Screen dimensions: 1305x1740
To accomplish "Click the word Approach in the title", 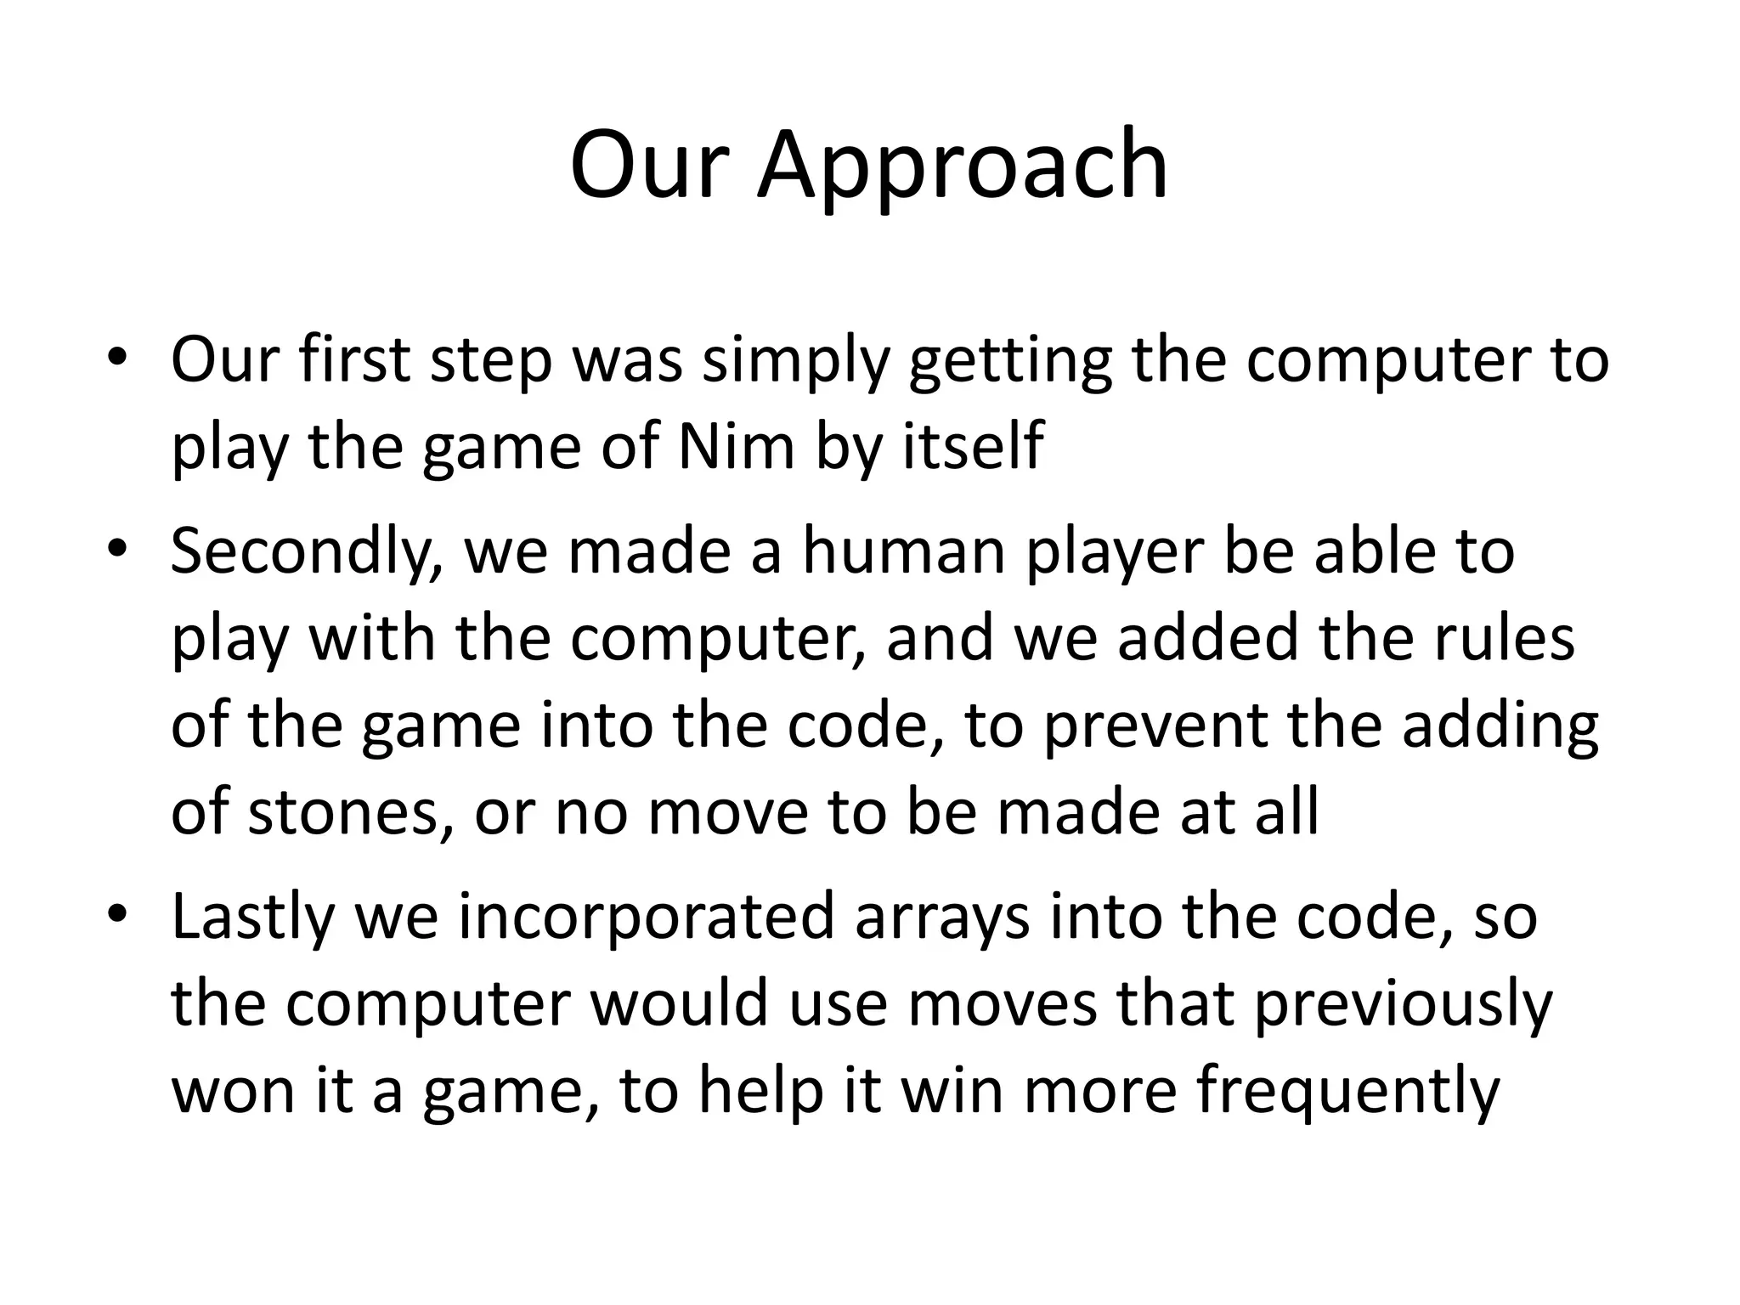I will coord(963,167).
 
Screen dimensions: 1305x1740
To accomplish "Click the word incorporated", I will coord(647,918).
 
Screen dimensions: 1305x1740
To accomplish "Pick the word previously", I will coord(1403,1004).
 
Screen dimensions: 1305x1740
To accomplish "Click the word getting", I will coord(1010,360).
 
